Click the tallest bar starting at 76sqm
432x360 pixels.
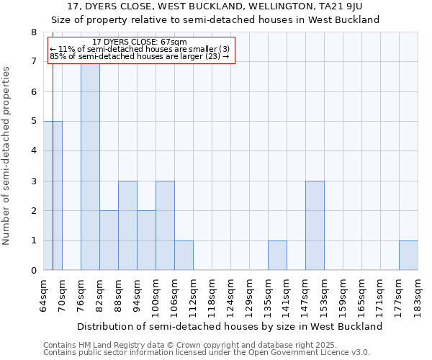point(90,166)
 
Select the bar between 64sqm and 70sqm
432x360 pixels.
point(53,196)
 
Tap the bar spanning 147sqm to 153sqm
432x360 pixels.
point(315,225)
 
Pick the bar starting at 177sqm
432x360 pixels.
point(408,256)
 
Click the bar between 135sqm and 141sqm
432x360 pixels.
point(277,256)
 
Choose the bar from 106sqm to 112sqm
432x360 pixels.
point(184,256)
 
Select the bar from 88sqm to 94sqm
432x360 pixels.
point(127,225)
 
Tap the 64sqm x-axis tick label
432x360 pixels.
point(44,296)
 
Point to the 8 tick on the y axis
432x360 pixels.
point(33,32)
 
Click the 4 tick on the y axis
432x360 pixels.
point(33,151)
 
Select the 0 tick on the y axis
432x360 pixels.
point(33,271)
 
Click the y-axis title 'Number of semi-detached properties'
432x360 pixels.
point(7,156)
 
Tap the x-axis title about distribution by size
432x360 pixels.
point(230,326)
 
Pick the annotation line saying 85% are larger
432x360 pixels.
point(140,56)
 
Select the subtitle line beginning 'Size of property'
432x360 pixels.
point(215,19)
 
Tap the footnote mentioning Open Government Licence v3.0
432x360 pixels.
point(207,353)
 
